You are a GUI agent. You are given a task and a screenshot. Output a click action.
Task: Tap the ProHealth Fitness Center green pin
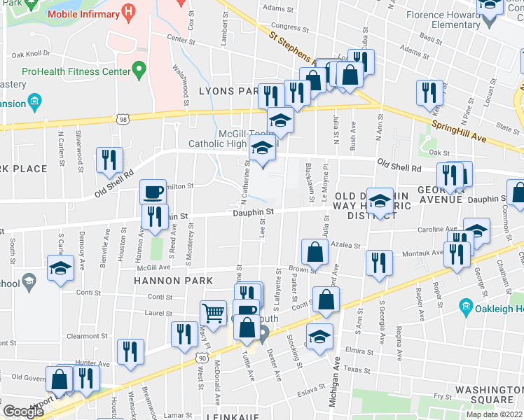coord(139,70)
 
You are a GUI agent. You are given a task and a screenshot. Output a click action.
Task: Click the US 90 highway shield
coord(201,358)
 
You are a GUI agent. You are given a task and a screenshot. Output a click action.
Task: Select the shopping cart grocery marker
coord(213,312)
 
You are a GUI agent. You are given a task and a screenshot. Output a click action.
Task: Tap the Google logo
coord(24,411)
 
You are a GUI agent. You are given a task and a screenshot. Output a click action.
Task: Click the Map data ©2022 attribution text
coord(493,414)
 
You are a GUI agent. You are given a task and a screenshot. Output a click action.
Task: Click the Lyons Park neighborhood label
coord(228,91)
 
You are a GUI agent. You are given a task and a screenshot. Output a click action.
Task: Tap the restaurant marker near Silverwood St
coord(109,160)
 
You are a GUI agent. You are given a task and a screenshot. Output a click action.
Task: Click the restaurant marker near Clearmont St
coord(185,334)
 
